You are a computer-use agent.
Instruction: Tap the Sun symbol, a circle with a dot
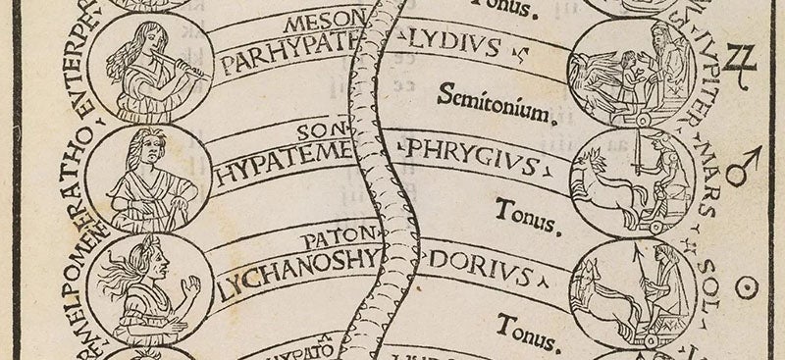751,286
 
